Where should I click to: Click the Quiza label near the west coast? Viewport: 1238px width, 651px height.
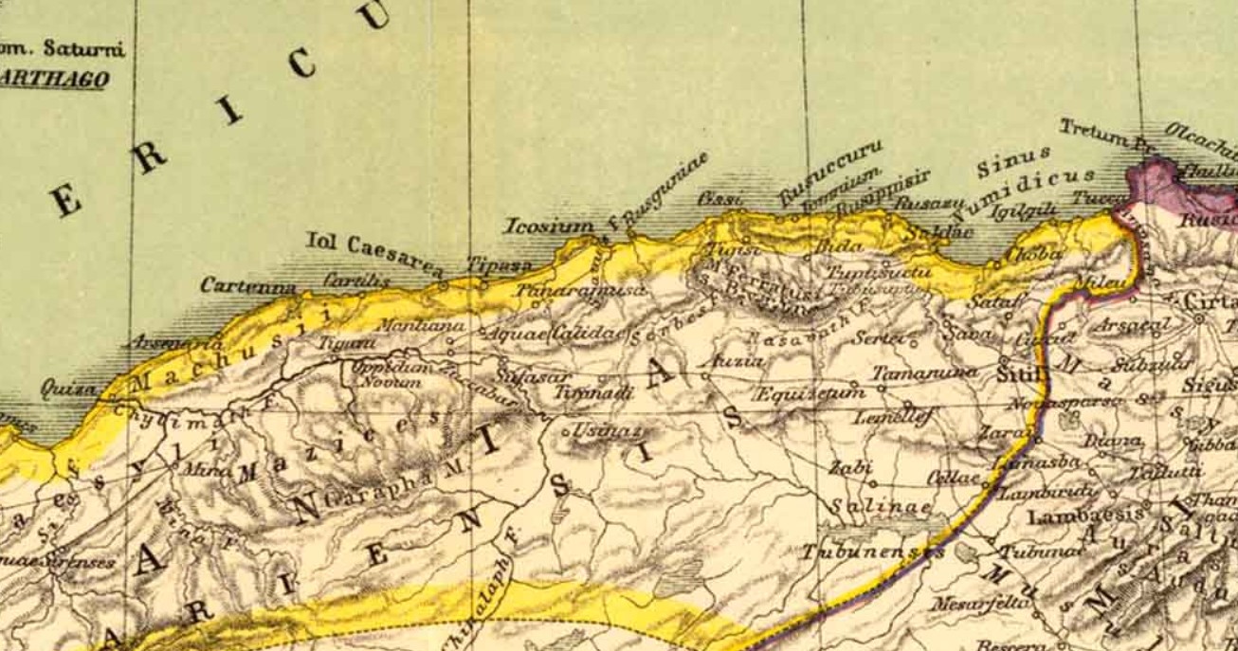[x=68, y=389]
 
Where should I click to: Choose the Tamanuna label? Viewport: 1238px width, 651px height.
[x=924, y=372]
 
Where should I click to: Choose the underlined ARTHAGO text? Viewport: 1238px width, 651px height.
[x=54, y=80]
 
